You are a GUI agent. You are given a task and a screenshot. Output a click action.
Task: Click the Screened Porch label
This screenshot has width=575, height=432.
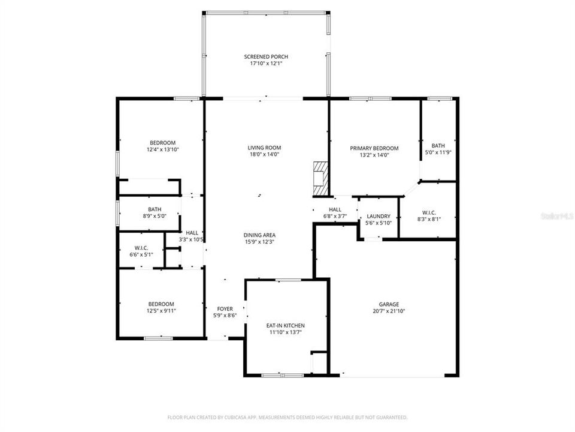[x=266, y=56]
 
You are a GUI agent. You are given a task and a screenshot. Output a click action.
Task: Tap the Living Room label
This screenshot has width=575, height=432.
[x=264, y=148]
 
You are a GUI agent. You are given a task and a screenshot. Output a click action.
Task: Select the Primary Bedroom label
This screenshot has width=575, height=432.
[x=374, y=148]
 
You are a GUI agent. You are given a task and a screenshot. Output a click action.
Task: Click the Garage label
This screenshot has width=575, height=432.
[x=388, y=304]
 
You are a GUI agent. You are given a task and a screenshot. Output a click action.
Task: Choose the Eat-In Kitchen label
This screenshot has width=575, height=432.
[x=286, y=325]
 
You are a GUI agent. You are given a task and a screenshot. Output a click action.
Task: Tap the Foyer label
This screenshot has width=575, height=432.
[x=225, y=308]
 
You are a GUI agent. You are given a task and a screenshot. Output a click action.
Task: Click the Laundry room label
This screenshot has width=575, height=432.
[x=378, y=217]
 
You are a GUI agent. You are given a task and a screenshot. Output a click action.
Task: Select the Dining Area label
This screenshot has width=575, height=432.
[x=259, y=235]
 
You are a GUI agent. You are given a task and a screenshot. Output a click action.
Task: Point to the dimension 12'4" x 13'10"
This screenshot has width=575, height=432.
[x=163, y=149]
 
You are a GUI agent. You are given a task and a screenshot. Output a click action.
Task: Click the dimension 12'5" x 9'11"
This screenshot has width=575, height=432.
[x=161, y=311]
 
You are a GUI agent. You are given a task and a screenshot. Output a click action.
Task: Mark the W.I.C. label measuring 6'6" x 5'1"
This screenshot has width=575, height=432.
[x=141, y=248]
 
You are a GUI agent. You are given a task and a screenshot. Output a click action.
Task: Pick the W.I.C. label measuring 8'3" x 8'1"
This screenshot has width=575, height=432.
[x=428, y=212]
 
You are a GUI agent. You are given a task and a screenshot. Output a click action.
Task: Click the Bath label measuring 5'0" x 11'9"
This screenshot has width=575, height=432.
[x=438, y=145]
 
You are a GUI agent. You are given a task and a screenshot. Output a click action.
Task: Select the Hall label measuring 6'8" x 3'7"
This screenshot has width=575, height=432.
[x=335, y=209]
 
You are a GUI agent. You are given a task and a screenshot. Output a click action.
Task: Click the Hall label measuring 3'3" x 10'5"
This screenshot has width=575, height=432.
[x=192, y=233]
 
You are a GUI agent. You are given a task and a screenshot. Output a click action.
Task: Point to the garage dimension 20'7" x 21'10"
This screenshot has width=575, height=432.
[x=388, y=311]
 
